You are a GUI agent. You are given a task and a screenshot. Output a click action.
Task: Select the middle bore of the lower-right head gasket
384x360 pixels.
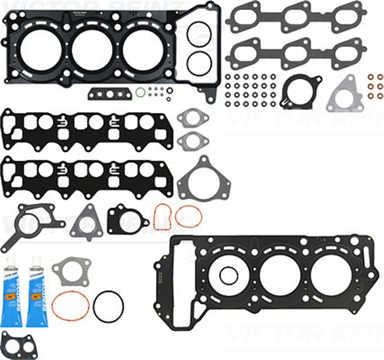[280, 275]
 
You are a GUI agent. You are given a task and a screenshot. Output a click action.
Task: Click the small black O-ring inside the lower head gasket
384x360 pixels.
[229, 275]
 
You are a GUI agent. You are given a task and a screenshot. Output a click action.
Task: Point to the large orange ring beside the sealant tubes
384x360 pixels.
[70, 306]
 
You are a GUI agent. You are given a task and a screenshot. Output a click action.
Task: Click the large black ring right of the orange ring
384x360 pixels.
[108, 306]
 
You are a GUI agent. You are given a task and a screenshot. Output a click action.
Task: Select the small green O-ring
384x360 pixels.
[140, 92]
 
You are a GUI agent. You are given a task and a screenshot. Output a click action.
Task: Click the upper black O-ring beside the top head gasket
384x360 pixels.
[198, 34]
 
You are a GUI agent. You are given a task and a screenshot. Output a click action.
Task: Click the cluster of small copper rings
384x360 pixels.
[376, 86]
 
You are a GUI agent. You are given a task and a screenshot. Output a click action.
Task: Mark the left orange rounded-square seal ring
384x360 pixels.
[164, 216]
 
